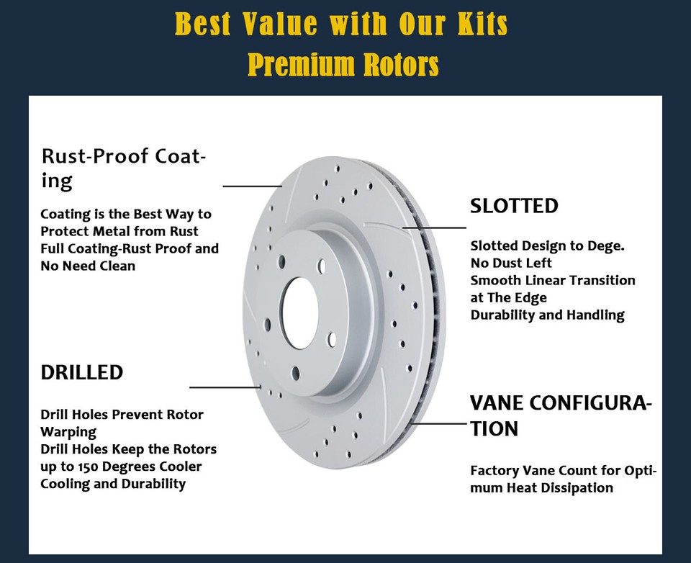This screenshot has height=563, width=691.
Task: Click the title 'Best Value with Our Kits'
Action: [x=341, y=24]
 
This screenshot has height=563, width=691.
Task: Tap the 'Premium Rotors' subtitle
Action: [x=343, y=64]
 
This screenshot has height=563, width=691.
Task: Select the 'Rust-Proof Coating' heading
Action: [x=123, y=167]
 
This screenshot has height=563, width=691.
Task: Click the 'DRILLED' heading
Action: [x=81, y=372]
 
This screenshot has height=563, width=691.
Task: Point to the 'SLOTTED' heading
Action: [x=514, y=206]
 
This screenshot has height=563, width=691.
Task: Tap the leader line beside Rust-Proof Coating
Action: [x=251, y=186]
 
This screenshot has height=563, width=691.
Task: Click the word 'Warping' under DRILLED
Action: [x=68, y=432]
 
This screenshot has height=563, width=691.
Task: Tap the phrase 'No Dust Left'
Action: [x=511, y=263]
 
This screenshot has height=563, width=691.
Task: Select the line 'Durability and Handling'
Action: [x=547, y=315]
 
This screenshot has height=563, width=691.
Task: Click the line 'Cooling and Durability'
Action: [x=113, y=484]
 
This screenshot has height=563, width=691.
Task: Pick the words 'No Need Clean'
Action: [x=88, y=266]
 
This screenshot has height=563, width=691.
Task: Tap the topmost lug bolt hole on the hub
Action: [x=322, y=266]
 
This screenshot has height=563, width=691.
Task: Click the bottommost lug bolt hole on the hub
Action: [x=295, y=372]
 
